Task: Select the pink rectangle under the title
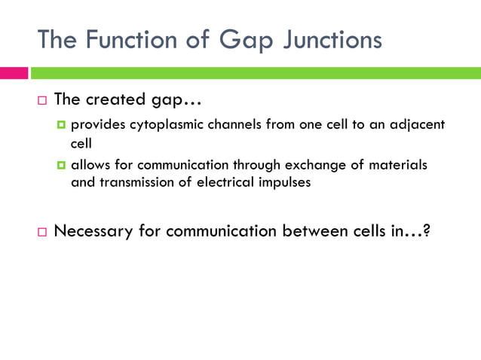[x=14, y=73]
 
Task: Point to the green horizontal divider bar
[x=257, y=73]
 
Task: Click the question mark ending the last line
[x=427, y=230]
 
